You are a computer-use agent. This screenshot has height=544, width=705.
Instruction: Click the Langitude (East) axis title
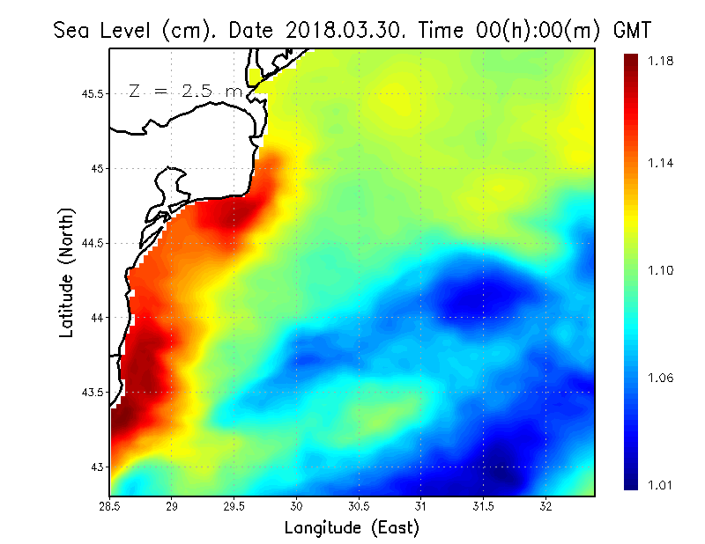click(x=352, y=528)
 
